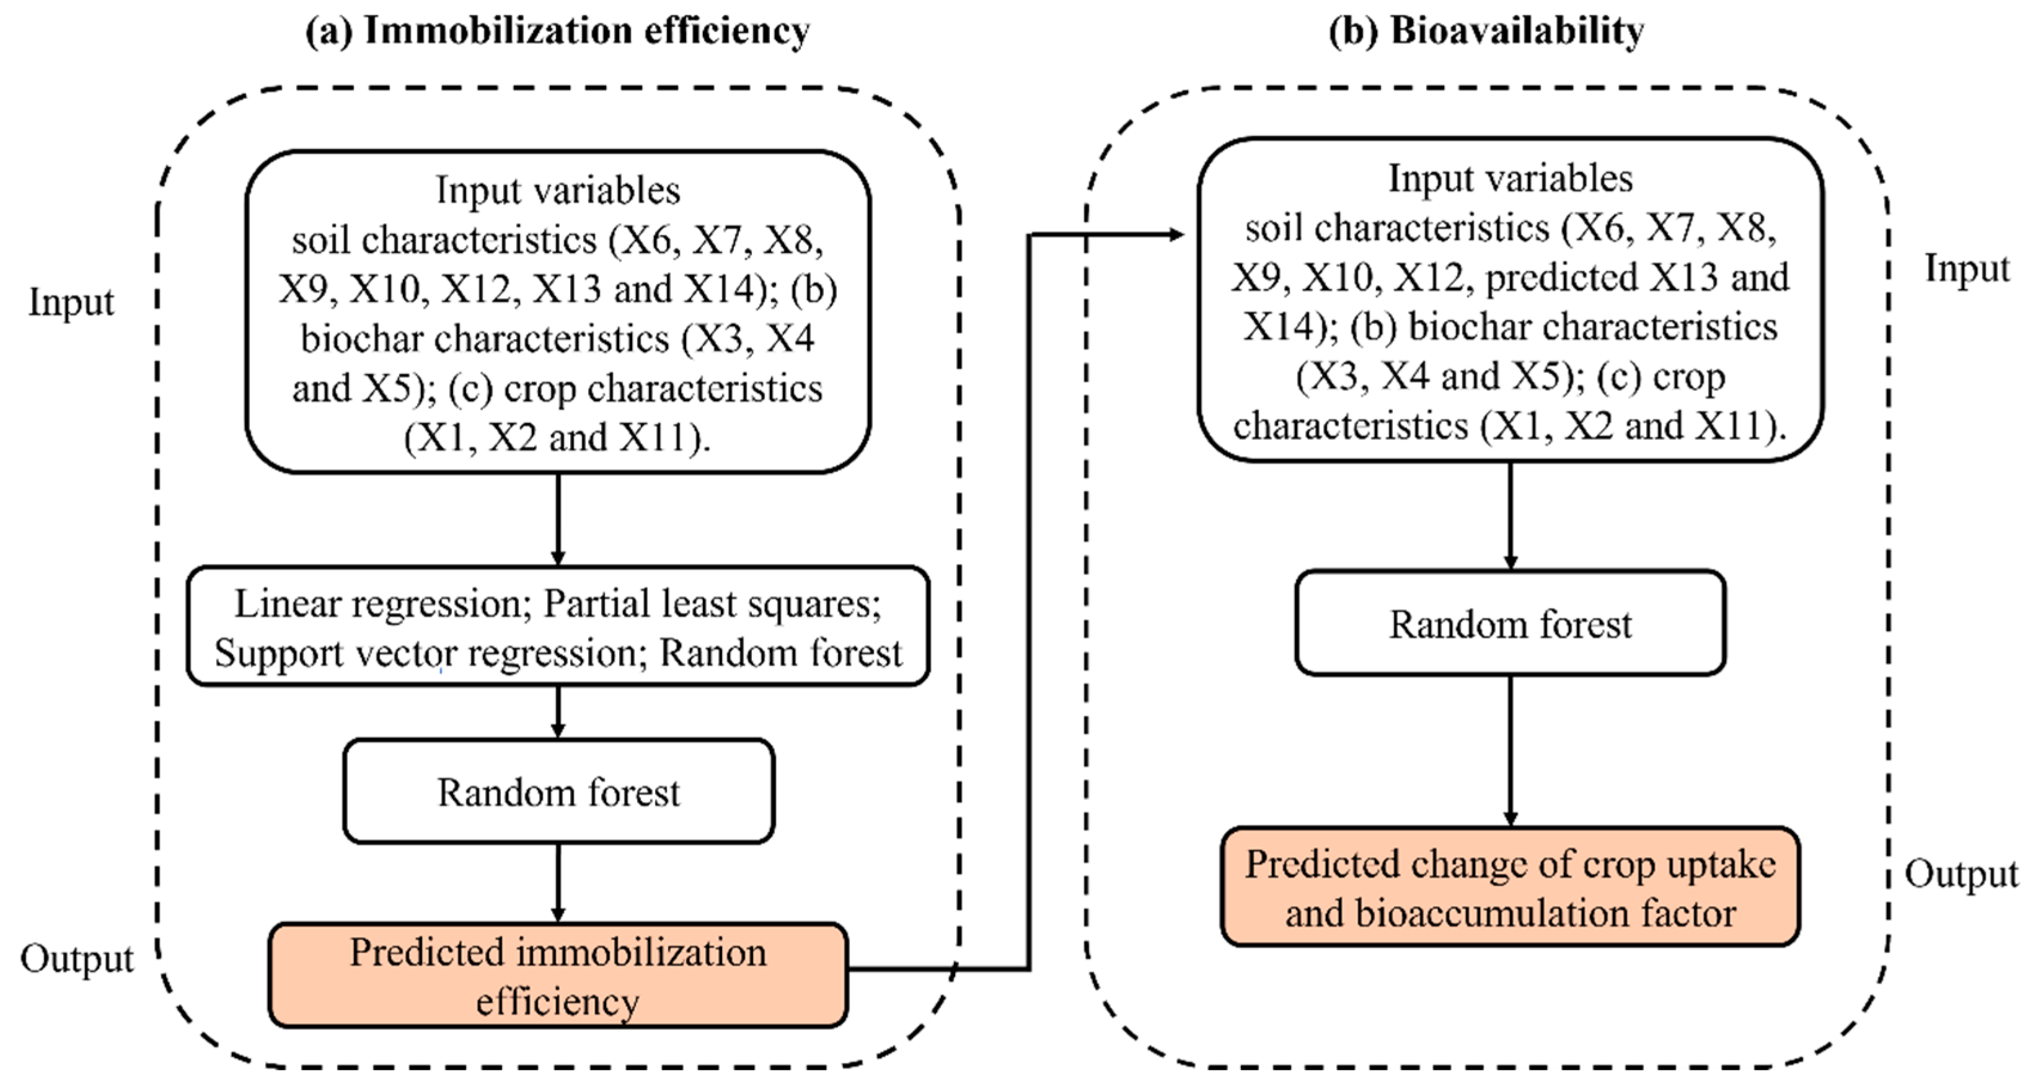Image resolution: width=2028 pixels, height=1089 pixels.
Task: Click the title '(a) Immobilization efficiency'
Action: (558, 32)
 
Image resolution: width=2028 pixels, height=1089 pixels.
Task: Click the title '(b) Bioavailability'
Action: (1486, 32)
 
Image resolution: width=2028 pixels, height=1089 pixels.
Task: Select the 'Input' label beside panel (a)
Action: (71, 303)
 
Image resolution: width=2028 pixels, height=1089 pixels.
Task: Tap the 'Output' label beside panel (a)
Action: (77, 959)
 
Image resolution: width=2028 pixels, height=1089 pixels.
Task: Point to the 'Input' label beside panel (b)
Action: (1966, 269)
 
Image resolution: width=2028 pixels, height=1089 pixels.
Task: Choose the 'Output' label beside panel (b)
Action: (1961, 874)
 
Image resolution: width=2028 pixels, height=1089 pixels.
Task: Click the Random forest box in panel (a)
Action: (558, 791)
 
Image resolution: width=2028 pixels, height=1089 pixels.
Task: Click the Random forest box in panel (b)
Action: (1510, 624)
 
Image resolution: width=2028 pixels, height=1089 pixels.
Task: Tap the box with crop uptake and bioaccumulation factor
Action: (1510, 888)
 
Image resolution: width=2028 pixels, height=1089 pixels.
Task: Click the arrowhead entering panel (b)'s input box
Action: (1176, 234)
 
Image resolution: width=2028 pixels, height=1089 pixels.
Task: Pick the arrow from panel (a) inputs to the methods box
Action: (558, 520)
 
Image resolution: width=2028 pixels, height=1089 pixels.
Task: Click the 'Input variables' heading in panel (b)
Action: (1510, 179)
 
